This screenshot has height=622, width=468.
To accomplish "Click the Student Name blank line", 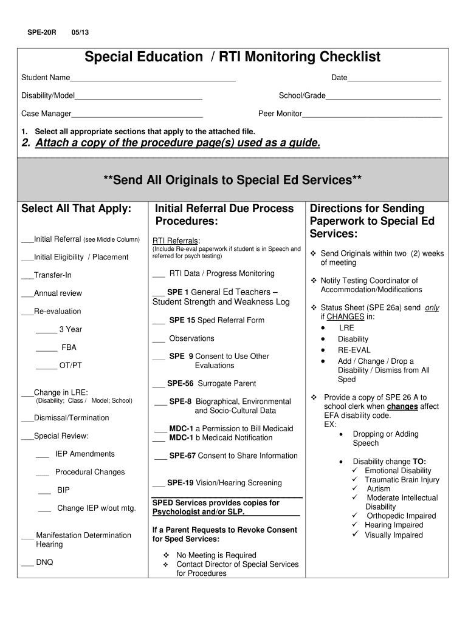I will tap(153, 80).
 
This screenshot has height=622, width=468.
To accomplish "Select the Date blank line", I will tap(394, 80).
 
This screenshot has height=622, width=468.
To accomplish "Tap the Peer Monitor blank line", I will tap(372, 115).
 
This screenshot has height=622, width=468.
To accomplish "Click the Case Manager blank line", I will tap(137, 115).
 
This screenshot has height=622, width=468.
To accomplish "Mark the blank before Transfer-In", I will tap(27, 276).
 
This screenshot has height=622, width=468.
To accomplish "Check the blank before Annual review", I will tap(27, 295).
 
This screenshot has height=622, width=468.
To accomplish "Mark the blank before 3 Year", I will tap(46, 331).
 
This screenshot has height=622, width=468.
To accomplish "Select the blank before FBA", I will tap(46, 349).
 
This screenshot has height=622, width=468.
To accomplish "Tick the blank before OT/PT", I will tap(46, 367).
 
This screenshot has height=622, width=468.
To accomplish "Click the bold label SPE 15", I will tap(182, 320).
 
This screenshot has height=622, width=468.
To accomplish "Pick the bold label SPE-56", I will tap(181, 383).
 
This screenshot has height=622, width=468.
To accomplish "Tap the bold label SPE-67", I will tap(182, 456).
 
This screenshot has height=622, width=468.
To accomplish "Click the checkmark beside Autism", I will tap(356, 488).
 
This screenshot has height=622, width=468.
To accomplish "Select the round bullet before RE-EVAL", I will tap(323, 350).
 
